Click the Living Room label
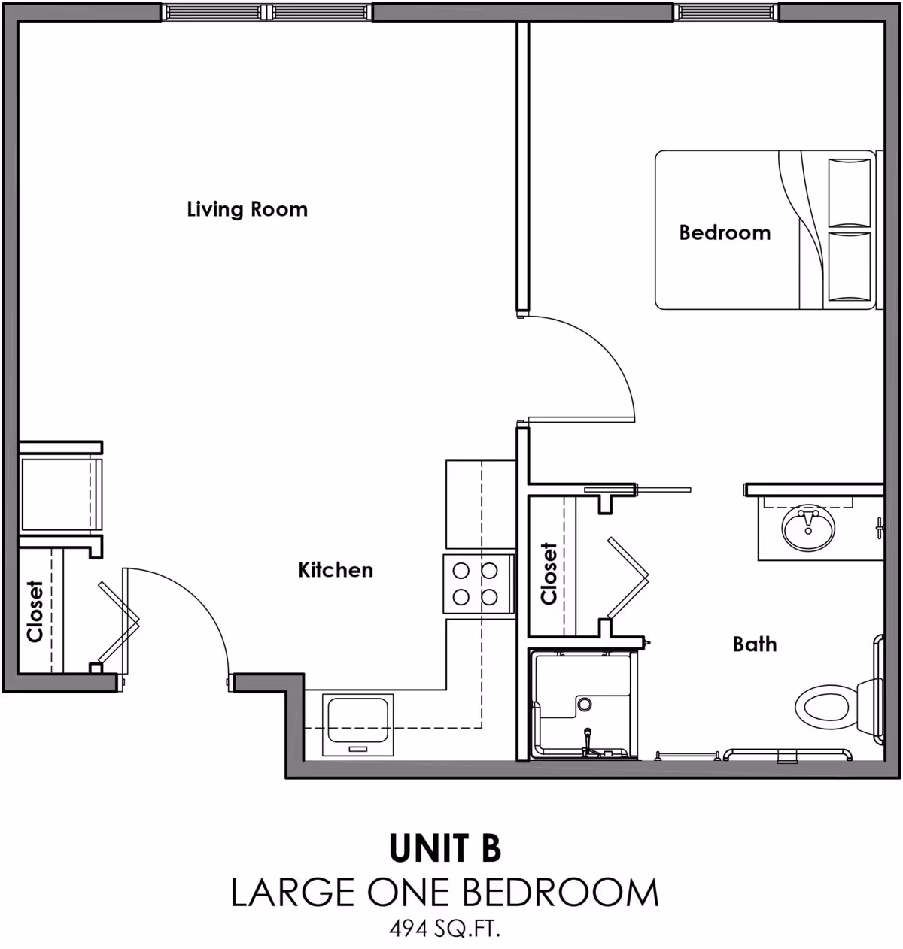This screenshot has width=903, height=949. (x=247, y=208)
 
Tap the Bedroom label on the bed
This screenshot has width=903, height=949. (x=724, y=232)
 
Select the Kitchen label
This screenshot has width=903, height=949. (x=336, y=570)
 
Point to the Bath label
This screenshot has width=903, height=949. (x=754, y=644)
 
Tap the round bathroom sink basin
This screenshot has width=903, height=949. (x=807, y=529)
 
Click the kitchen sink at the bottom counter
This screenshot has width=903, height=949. (x=357, y=723)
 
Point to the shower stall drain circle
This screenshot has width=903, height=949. (x=584, y=704)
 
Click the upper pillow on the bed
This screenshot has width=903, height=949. (x=849, y=192)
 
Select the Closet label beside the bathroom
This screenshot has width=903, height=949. (x=549, y=574)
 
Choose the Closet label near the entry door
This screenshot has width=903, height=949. (x=35, y=611)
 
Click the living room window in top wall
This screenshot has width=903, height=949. (x=266, y=11)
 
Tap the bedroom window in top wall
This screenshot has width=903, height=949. (x=725, y=11)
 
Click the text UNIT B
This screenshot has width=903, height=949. (x=444, y=848)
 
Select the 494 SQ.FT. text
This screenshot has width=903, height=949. (x=444, y=929)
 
